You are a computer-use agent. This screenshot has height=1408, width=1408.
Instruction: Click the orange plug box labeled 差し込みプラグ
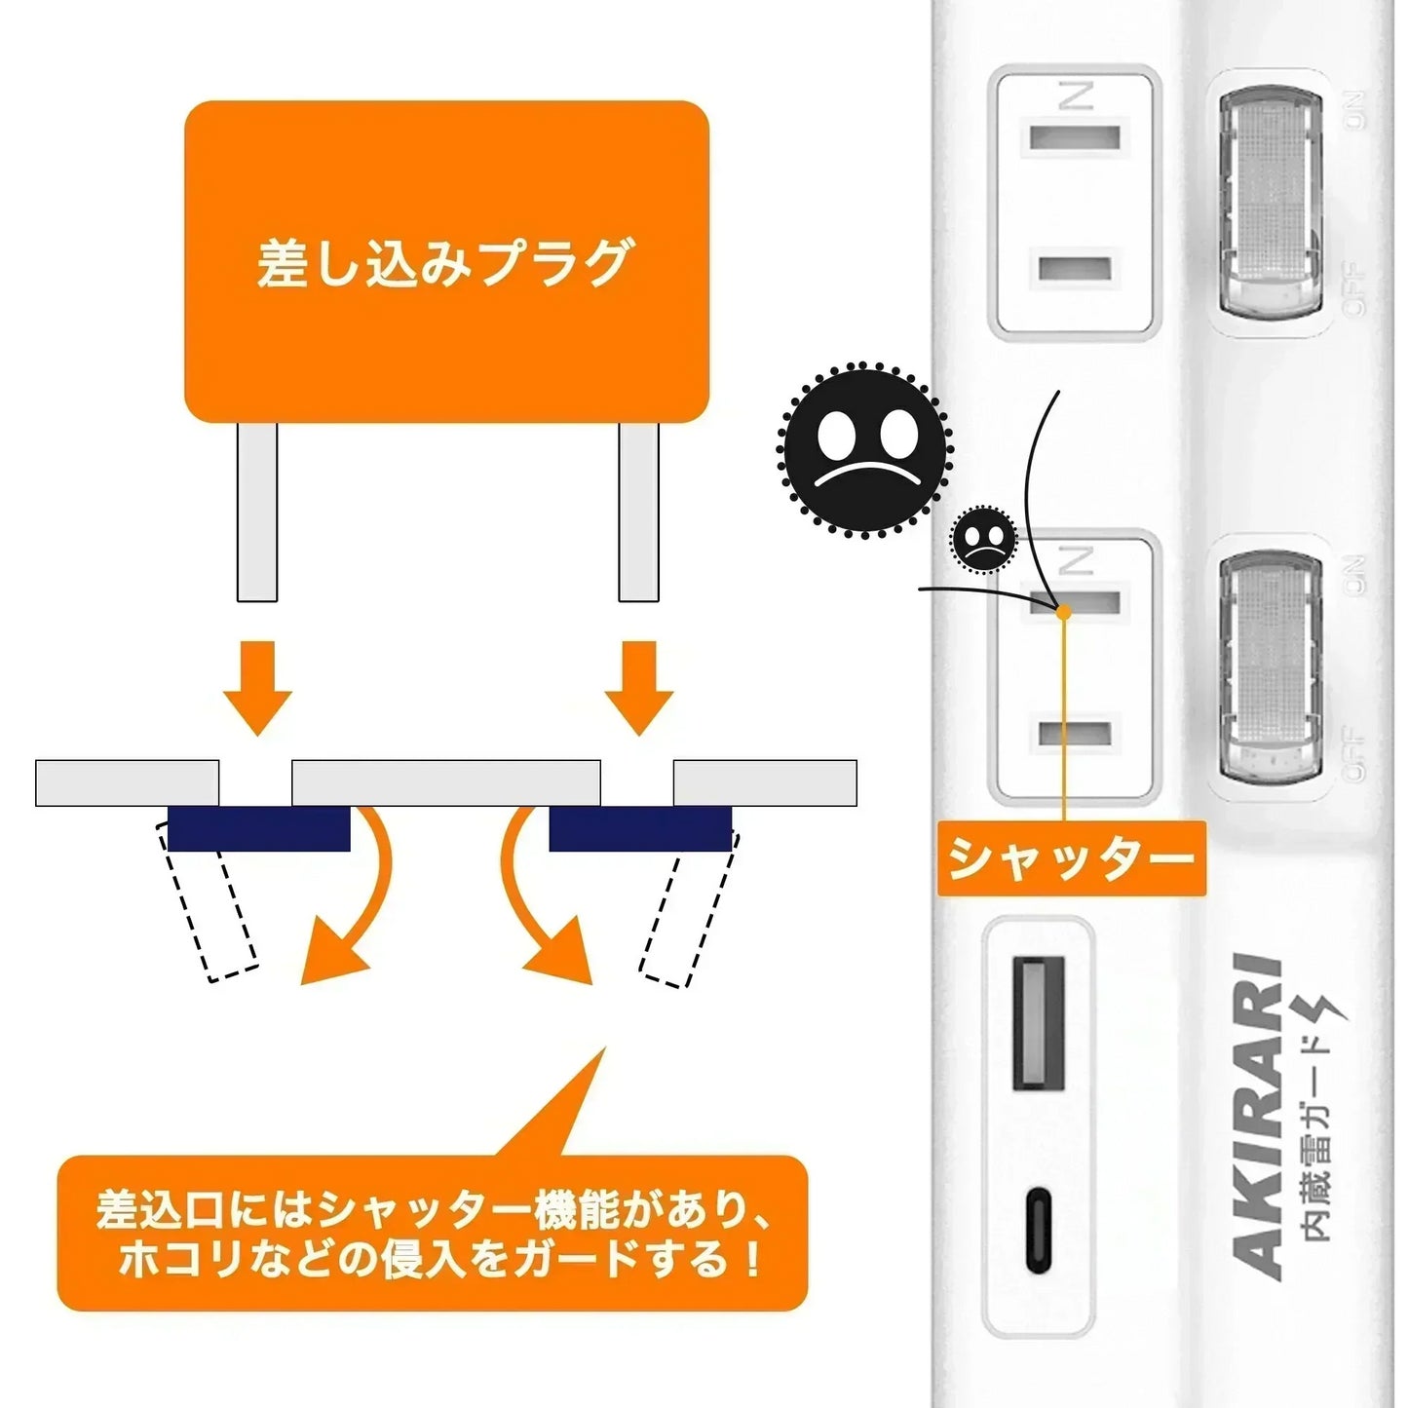click(446, 261)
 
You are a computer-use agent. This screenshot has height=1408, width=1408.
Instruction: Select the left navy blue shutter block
click(258, 829)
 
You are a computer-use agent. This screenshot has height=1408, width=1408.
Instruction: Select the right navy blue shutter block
click(640, 829)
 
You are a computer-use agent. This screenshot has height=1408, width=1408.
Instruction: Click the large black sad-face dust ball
click(864, 449)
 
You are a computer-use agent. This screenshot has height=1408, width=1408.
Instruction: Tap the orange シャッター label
click(1071, 858)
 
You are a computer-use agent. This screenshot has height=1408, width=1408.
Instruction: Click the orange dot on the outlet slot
click(1064, 612)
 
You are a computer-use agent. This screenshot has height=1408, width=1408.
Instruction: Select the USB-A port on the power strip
click(1039, 1022)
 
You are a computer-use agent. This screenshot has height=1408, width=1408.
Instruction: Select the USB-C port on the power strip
click(1040, 1230)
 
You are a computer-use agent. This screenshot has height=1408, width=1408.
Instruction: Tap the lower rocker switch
click(1271, 667)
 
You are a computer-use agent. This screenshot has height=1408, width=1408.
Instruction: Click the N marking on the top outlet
click(1076, 95)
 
